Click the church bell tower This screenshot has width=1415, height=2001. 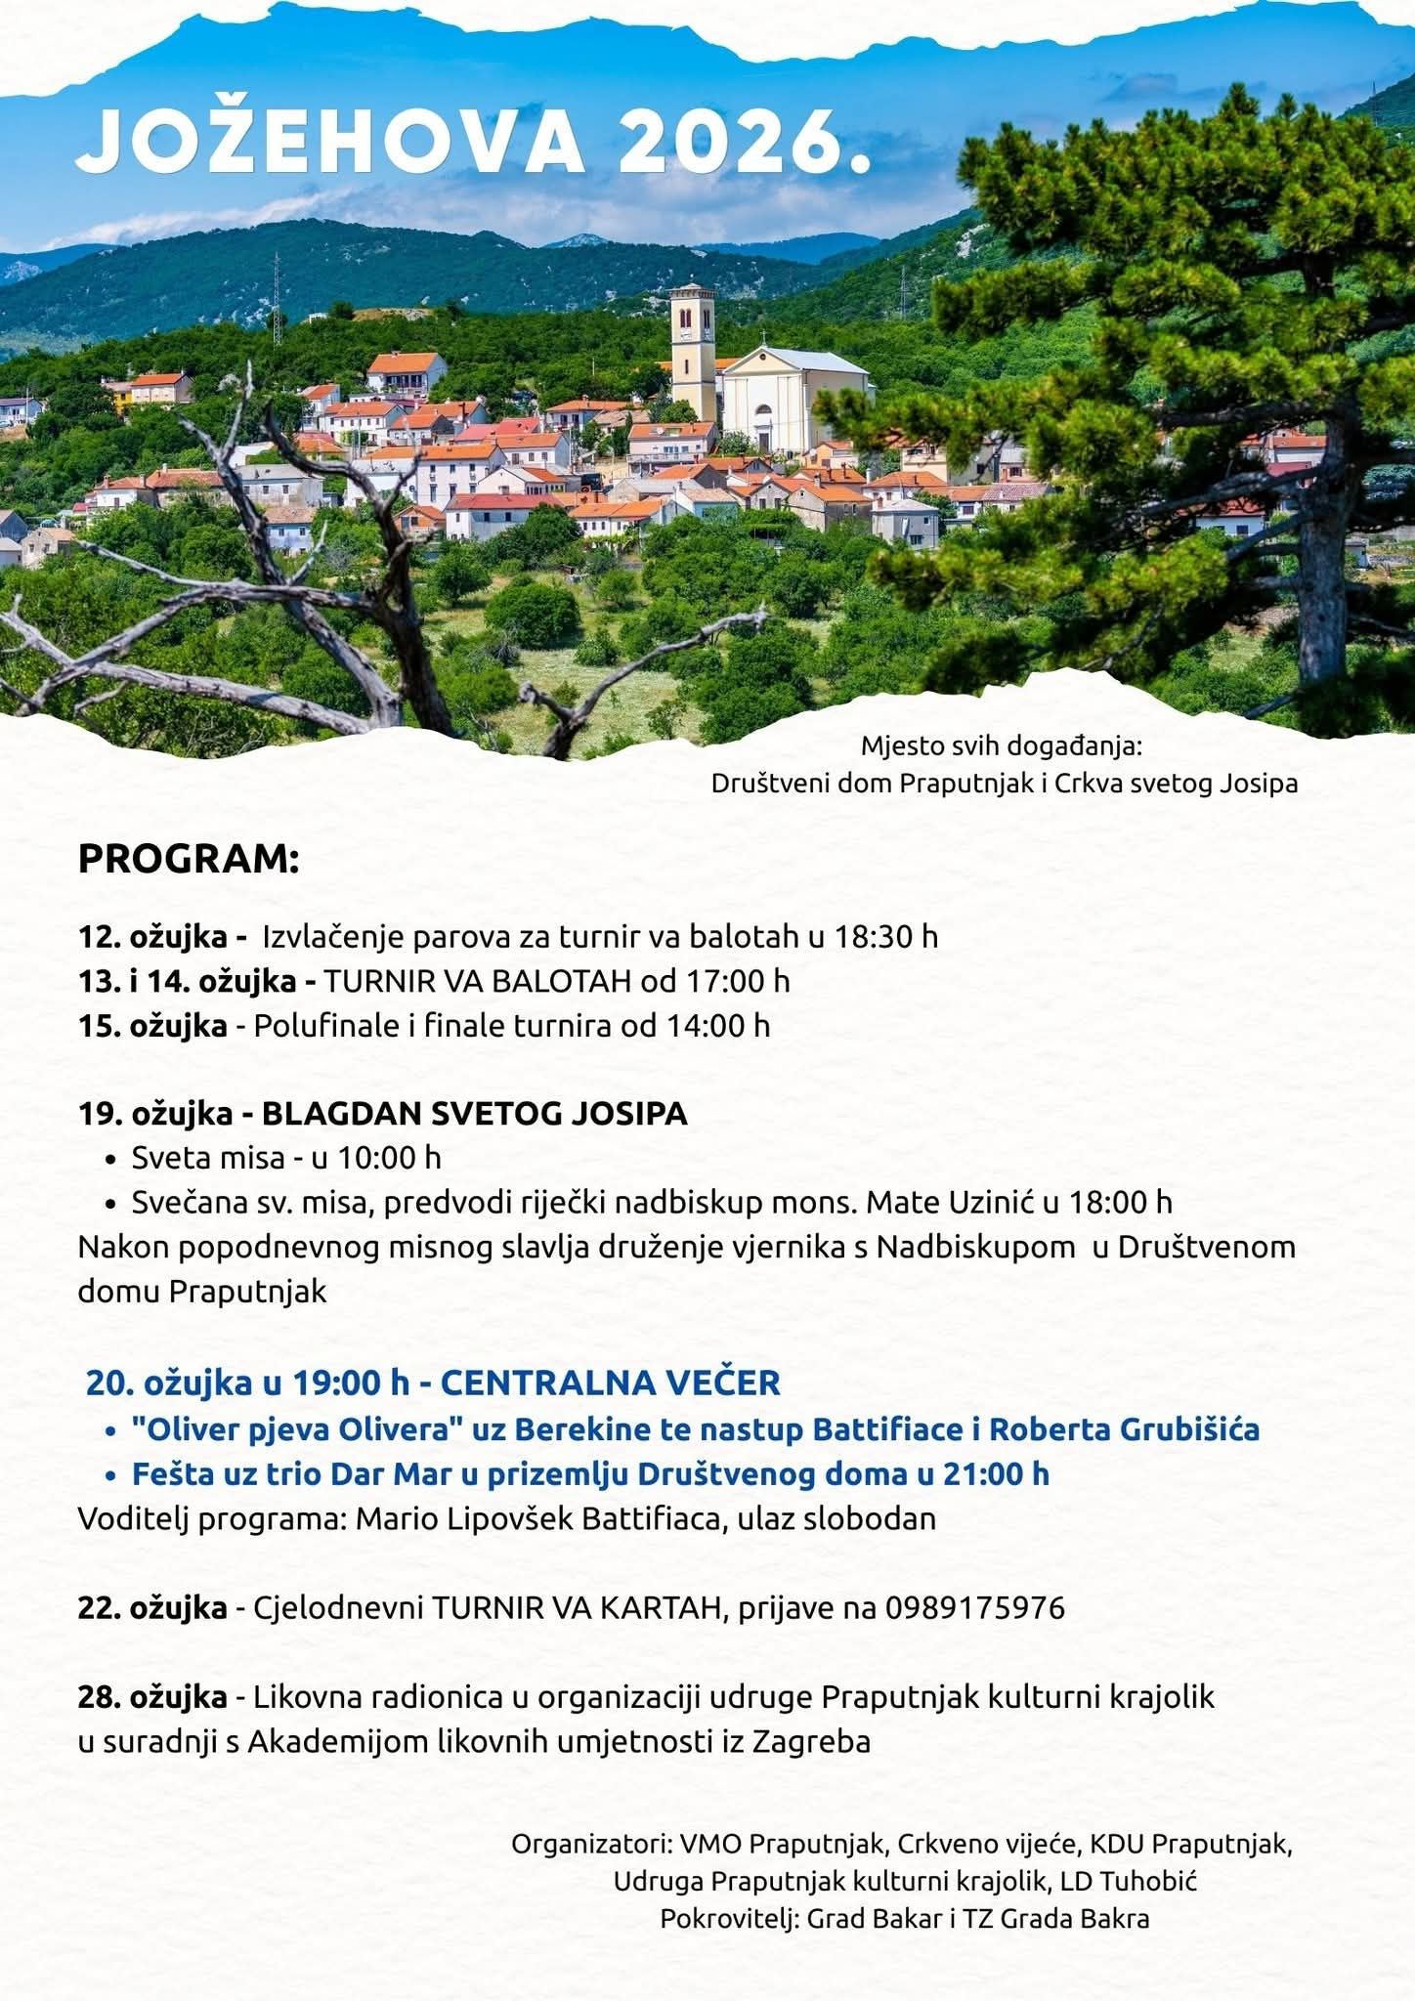click(692, 352)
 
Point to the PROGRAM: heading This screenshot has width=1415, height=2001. click(189, 860)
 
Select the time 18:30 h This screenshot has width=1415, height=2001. click(885, 937)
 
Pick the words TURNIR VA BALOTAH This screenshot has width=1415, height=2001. click(478, 981)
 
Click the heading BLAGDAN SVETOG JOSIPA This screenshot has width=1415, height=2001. click(475, 1114)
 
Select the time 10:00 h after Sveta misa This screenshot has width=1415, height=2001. click(390, 1158)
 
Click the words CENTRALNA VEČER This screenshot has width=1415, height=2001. click(611, 1384)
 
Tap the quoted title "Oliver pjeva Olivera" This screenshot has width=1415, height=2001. click(297, 1429)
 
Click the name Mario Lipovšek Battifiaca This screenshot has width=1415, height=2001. click(538, 1518)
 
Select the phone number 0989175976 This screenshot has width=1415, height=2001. click(975, 1607)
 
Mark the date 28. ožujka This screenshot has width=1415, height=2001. click(153, 1697)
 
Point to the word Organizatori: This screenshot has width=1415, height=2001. click(591, 1845)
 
